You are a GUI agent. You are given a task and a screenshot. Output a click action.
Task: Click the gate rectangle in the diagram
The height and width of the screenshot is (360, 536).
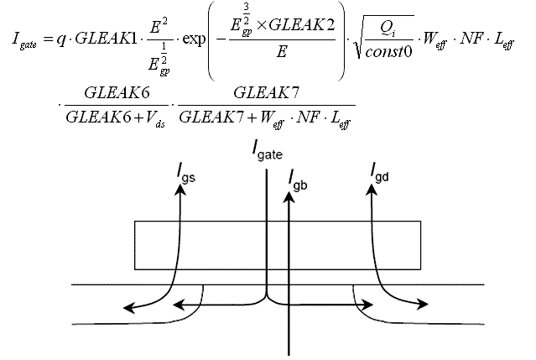click(x=277, y=245)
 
